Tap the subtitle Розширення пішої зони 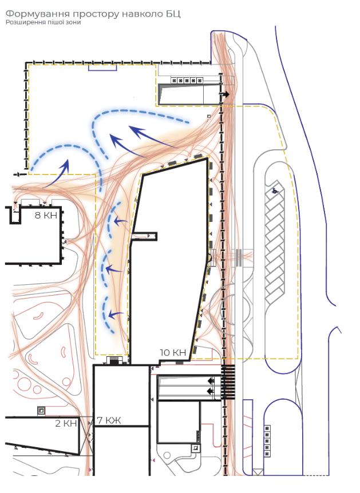[43, 22]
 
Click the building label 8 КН [46, 216]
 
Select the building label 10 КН [173, 352]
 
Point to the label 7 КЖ [109, 420]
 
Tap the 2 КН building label [66, 423]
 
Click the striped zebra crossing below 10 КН [228, 382]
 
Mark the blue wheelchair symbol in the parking [275, 190]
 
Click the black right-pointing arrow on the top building [226, 94]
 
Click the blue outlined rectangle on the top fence [102, 67]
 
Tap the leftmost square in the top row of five [175, 81]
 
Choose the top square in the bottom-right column [267, 428]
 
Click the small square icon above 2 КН [41, 410]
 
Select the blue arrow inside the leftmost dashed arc [57, 174]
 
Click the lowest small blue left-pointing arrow [116, 313]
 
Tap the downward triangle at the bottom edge [258, 472]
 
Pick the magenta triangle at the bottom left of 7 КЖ [90, 470]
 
